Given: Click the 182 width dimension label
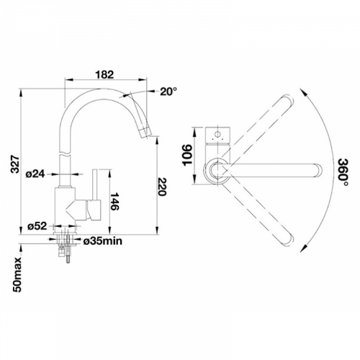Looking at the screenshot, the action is point(104,75).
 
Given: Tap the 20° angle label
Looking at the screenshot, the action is point(168,91).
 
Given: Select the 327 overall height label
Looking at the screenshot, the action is point(16,164).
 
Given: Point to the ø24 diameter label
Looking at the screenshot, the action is point(35,174).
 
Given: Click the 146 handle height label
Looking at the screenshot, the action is point(114,202).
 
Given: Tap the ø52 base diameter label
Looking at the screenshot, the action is point(37,226).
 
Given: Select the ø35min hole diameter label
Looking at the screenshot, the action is point(103,241).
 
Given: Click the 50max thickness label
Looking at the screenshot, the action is point(17,275).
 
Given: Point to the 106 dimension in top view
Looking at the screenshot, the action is point(188,155).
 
